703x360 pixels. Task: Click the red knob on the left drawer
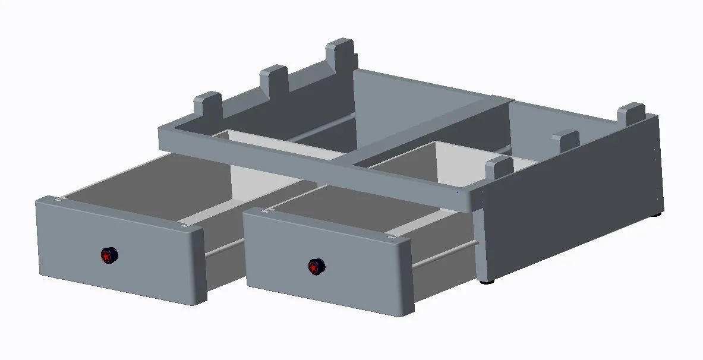[x=108, y=255]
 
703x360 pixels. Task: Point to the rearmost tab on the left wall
[x=341, y=53]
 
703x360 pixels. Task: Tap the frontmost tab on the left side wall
[x=207, y=105]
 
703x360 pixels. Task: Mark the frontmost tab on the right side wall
[x=499, y=168]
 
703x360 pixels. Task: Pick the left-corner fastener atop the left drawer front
[x=58, y=199]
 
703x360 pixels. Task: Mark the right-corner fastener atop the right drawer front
[x=392, y=236]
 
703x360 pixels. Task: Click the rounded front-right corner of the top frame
[x=469, y=199]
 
